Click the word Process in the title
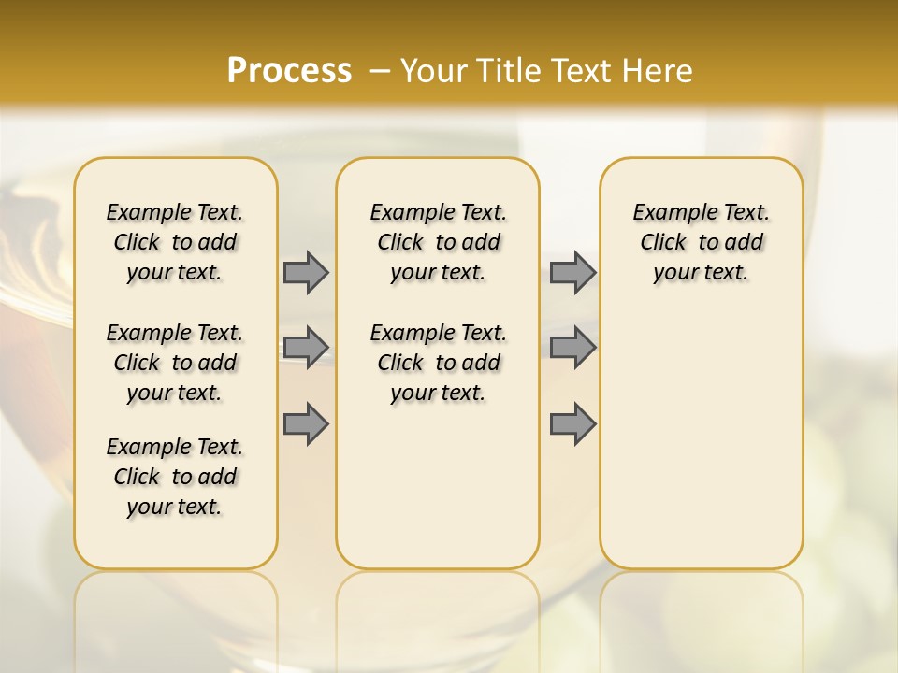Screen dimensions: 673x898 pos(289,70)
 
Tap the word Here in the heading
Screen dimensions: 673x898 pos(659,71)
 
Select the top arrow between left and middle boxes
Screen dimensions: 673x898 pos(306,272)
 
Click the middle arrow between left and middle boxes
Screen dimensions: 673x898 pos(306,348)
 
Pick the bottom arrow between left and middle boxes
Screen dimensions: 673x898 pos(306,423)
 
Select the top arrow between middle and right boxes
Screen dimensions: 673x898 pos(572,272)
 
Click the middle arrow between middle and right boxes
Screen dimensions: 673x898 pos(572,348)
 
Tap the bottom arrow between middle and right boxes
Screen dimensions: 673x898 pos(572,423)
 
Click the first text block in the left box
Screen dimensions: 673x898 pos(175,242)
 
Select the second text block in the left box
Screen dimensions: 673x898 pos(175,363)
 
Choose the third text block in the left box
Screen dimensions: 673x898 pos(175,477)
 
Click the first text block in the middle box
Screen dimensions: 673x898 pos(438,242)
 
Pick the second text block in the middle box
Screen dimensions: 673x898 pos(438,363)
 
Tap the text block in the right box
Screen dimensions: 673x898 pos(701,242)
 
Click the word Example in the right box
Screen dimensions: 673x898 pos(668,213)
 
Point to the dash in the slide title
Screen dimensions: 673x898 pos(380,71)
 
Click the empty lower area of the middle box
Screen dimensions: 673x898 pos(438,486)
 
